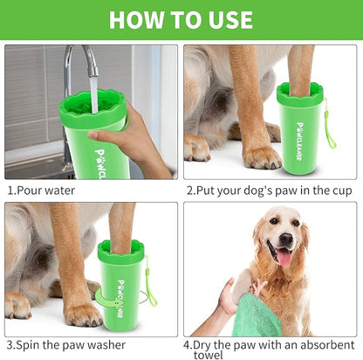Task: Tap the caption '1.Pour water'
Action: (41, 190)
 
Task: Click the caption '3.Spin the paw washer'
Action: (65, 345)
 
